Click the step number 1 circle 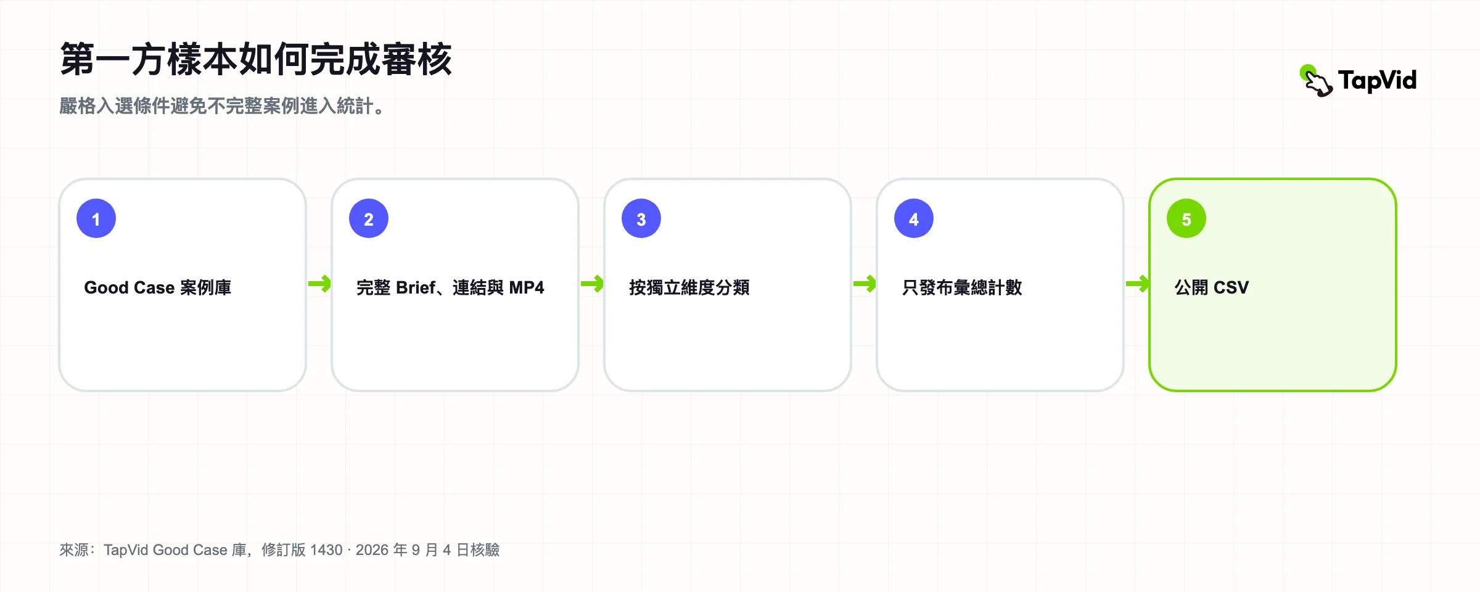pos(96,218)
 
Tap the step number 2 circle pos(369,218)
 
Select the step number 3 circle pos(641,218)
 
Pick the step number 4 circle pos(914,218)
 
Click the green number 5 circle pos(1186,218)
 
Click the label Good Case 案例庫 pos(158,287)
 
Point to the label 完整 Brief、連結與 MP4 pos(450,287)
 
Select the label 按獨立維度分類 pos(689,287)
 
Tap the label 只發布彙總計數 pos(962,287)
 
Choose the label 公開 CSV pos(1212,287)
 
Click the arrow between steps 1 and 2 pos(319,284)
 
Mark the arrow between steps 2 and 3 pos(592,284)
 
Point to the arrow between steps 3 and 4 pos(865,284)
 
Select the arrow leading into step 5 pos(1137,284)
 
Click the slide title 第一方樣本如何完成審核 pos(256,60)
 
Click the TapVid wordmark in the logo pos(1378,81)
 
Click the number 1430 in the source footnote pos(326,550)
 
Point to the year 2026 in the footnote pos(372,550)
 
